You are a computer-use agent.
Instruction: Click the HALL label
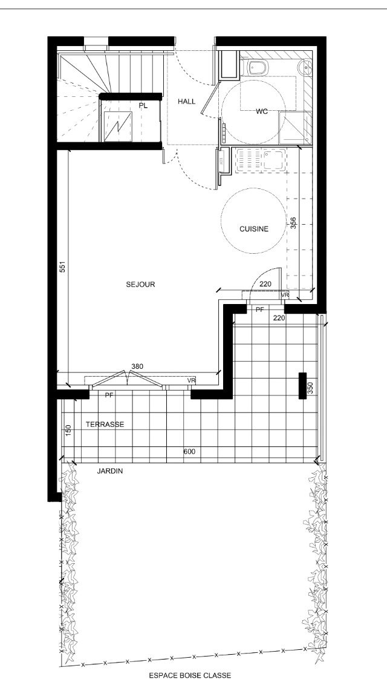click(x=186, y=101)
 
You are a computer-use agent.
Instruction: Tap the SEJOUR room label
click(x=140, y=284)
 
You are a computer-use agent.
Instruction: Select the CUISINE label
click(x=254, y=228)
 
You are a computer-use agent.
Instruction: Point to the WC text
click(x=262, y=111)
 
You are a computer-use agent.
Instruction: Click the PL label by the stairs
click(x=143, y=105)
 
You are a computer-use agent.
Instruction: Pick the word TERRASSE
click(x=105, y=425)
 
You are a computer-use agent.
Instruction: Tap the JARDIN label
click(x=109, y=471)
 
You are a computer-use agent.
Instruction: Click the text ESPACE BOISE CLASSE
click(x=190, y=676)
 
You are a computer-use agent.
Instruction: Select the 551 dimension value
click(x=63, y=267)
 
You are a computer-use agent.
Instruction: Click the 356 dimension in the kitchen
click(x=294, y=223)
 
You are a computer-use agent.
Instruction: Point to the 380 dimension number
click(x=138, y=366)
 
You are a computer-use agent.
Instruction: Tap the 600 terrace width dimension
click(x=189, y=452)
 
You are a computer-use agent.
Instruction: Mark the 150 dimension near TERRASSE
click(x=68, y=431)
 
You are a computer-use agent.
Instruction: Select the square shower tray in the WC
click(x=296, y=127)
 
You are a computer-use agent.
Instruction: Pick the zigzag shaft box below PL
click(x=118, y=126)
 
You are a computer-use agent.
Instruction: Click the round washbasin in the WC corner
click(x=305, y=68)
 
